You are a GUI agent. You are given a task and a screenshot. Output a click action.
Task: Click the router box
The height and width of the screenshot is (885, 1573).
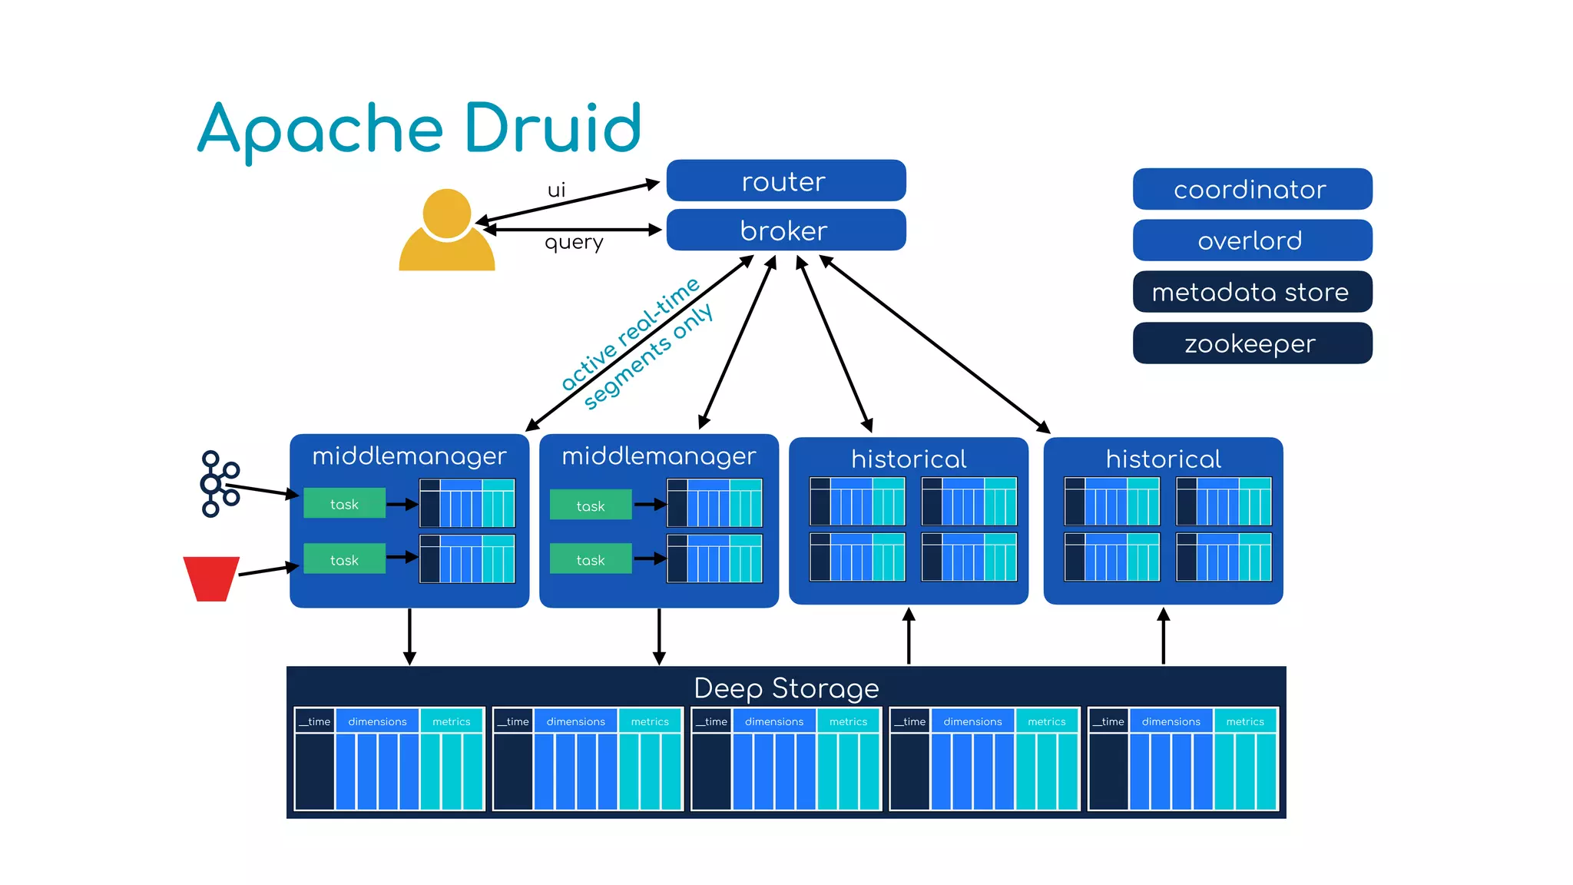[x=785, y=181]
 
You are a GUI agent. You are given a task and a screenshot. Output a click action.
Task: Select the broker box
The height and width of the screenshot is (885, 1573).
[x=785, y=230]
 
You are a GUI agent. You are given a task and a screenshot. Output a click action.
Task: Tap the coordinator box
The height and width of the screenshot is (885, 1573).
[x=1251, y=190]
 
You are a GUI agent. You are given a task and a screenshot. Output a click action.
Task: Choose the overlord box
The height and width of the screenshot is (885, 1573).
[x=1251, y=240]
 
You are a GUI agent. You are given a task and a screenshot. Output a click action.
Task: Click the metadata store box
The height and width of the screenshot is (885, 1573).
[x=1251, y=292]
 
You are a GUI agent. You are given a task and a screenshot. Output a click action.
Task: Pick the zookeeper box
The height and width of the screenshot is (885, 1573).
[x=1251, y=343]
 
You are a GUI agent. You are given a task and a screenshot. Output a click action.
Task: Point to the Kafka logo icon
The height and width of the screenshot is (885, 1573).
[x=219, y=484]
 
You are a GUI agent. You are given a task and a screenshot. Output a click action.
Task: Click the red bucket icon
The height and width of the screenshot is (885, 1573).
[x=210, y=578]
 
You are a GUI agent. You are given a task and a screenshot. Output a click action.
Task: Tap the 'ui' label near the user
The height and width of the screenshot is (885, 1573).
[x=556, y=190]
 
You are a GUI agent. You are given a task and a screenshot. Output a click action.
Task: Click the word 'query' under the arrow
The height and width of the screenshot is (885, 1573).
[x=574, y=243]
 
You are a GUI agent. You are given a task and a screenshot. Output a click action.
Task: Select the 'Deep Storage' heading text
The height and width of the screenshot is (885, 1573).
[x=786, y=688]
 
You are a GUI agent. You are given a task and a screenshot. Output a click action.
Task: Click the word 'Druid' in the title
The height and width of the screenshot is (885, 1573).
[x=552, y=128]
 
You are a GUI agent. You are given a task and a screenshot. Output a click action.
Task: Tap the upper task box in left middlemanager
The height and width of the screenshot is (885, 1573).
[x=344, y=504]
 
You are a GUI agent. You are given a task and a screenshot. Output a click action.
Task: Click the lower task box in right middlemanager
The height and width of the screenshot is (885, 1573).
[x=590, y=560]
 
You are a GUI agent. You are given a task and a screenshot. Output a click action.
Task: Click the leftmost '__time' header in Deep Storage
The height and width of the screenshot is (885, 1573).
[x=315, y=721]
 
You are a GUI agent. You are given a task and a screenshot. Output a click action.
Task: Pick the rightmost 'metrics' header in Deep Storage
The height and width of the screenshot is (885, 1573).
[x=1244, y=721]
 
